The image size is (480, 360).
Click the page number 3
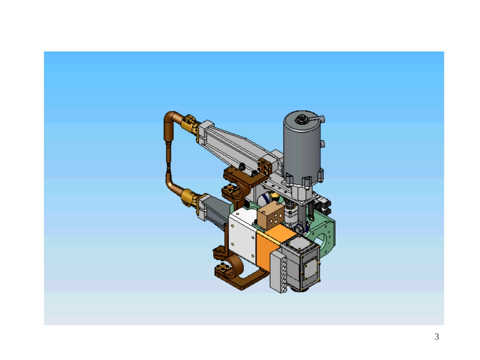(x=437, y=336)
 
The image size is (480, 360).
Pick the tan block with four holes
(x=271, y=215)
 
